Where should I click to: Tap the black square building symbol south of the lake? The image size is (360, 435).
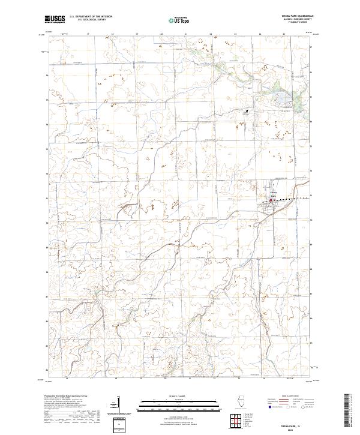(x=245, y=112)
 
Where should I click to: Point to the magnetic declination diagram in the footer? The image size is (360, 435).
(x=115, y=406)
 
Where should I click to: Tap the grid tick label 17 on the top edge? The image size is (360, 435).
(x=88, y=34)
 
